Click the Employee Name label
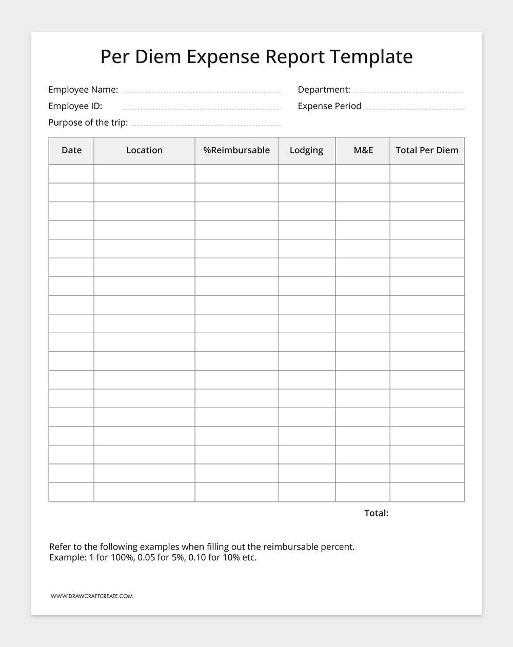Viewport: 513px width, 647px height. click(83, 90)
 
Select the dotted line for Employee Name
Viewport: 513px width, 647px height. click(203, 93)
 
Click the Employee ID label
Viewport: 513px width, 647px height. click(75, 106)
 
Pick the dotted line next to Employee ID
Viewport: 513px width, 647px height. click(202, 109)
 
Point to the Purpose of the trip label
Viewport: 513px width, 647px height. click(88, 123)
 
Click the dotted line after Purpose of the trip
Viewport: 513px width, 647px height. click(207, 125)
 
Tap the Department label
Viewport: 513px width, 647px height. click(324, 90)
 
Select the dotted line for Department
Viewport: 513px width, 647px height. click(408, 93)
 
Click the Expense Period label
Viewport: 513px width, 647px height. click(329, 106)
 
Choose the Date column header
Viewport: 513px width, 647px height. click(71, 150)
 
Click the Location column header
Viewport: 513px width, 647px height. click(144, 150)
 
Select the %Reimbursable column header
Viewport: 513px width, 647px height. click(236, 150)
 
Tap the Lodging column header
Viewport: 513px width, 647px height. click(306, 150)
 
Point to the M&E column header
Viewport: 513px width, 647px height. click(363, 150)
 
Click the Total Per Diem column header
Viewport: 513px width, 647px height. click(427, 150)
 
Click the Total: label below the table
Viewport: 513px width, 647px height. click(376, 513)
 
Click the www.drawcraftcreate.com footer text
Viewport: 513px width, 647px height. click(92, 596)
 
